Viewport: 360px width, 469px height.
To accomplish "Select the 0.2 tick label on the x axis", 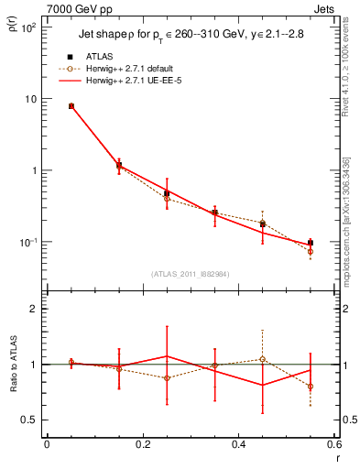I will point(142,446).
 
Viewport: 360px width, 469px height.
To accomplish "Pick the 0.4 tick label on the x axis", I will point(238,446).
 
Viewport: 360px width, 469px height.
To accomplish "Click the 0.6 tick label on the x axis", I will point(333,446).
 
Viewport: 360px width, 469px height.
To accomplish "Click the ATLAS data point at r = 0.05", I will point(71,106).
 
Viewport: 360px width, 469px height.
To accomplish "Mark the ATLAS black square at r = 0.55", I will point(311,243).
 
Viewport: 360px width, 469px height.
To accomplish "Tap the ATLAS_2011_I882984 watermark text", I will point(191,273).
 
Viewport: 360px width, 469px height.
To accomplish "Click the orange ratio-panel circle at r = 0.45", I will point(263,359).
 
